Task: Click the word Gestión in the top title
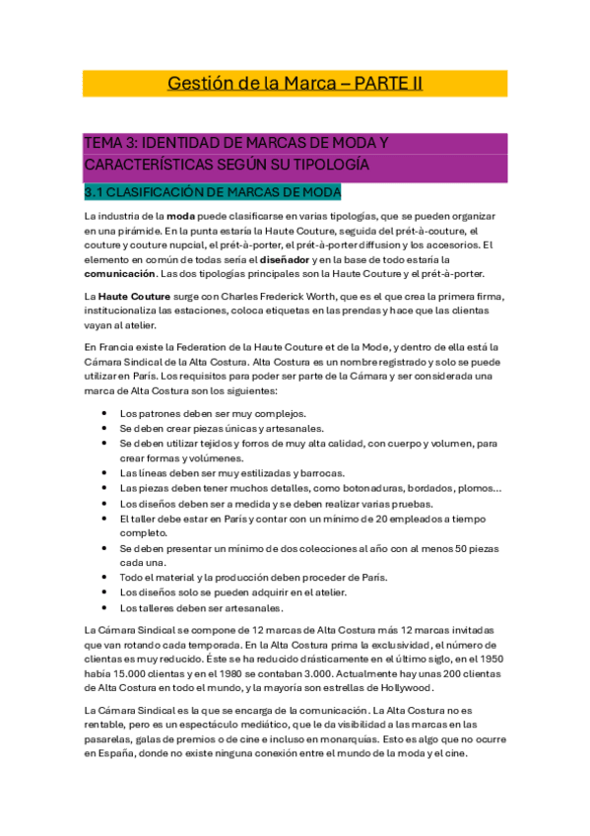tap(199, 84)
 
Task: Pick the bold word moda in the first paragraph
tap(180, 215)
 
